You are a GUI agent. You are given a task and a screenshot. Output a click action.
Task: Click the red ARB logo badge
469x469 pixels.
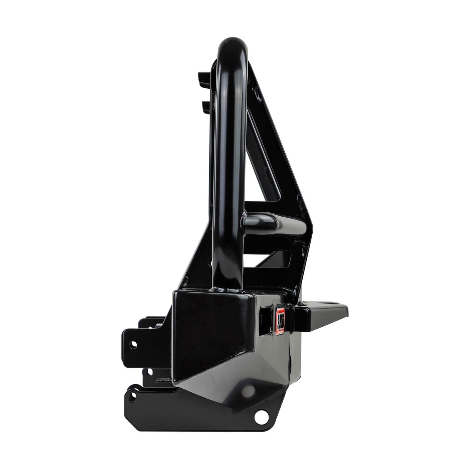[280, 322]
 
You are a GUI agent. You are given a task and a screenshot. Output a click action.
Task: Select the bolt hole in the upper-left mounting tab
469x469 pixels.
[134, 345]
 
